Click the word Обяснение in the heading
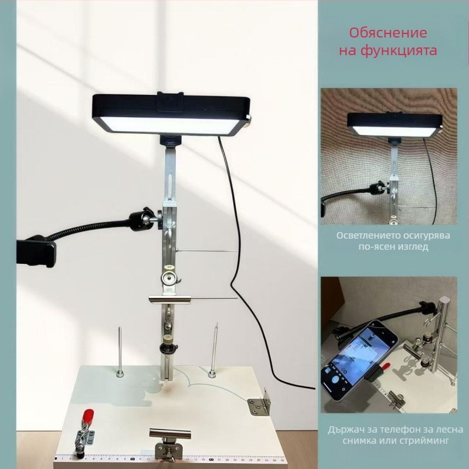(388, 33)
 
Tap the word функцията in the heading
(399, 50)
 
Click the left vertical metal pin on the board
(120, 352)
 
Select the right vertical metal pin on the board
(213, 350)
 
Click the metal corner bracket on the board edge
(260, 403)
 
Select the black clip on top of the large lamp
(171, 101)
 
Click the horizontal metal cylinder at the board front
(170, 434)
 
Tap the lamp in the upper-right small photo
(395, 125)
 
